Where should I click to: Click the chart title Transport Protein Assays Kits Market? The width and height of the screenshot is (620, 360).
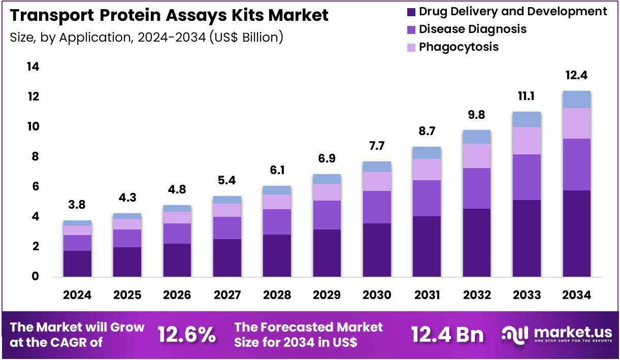coord(169,16)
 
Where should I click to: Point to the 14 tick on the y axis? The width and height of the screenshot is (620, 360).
coord(32,67)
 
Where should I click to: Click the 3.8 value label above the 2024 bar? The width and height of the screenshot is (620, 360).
coord(77,205)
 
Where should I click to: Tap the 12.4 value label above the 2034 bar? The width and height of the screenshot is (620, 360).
coord(576,76)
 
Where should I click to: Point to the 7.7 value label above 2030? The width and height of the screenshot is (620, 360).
coord(377,146)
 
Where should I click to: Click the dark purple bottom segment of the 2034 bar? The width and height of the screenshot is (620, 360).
coord(576,234)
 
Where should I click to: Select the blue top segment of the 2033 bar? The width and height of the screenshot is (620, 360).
coord(527,119)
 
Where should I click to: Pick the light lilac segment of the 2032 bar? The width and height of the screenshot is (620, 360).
coord(476,156)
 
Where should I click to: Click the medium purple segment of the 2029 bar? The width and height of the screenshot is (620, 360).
coord(327,215)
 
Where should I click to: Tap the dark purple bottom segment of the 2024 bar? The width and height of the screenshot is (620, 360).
coord(77,264)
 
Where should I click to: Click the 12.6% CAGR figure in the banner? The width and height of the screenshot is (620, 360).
coord(186,335)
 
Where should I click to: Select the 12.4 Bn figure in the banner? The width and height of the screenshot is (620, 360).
coord(447,335)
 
